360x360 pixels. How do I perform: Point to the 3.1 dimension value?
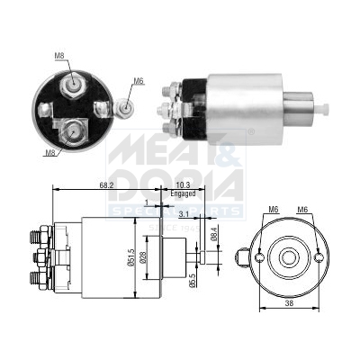pos(184,213)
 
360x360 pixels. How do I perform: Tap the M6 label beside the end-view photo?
pos(139,82)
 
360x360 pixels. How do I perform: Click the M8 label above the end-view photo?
pos(58,56)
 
